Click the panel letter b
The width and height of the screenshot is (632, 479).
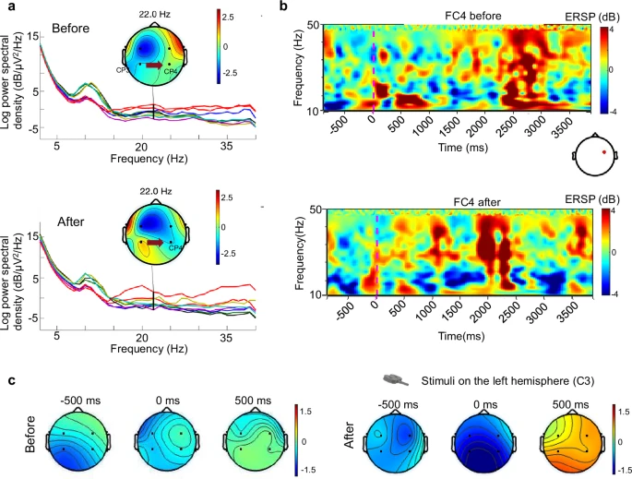285,7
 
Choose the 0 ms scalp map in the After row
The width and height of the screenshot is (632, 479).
487,439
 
